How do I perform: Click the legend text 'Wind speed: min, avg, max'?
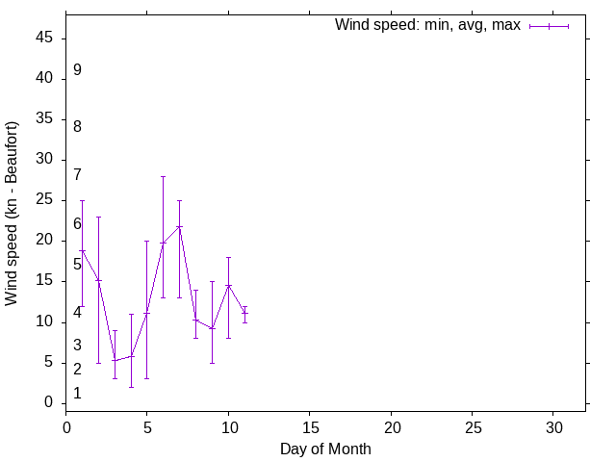coord(427,25)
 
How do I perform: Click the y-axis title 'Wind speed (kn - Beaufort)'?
coord(13,214)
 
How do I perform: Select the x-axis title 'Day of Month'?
coord(325,449)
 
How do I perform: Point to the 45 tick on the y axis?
coord(45,38)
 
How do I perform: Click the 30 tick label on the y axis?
coord(45,160)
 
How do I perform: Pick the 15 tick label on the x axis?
coord(310,426)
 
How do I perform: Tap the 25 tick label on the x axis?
coord(473,426)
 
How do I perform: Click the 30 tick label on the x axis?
coord(553,426)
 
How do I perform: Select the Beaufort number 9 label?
coord(77,70)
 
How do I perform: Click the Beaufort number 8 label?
coord(77,127)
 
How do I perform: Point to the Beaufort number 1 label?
coord(77,394)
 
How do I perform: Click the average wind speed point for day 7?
coord(180,227)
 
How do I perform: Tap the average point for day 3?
coord(115,360)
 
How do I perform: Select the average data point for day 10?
coord(228,285)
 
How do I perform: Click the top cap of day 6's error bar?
coord(164,176)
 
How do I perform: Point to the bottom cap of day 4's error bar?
coord(131,387)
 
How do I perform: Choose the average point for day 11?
coord(244,312)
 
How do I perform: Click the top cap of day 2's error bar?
coord(98,217)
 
